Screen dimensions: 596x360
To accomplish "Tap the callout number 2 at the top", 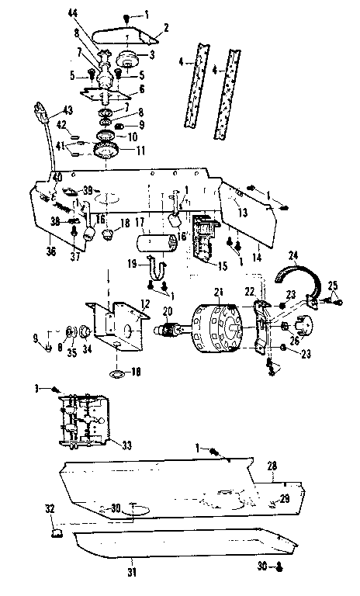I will click(x=164, y=27).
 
